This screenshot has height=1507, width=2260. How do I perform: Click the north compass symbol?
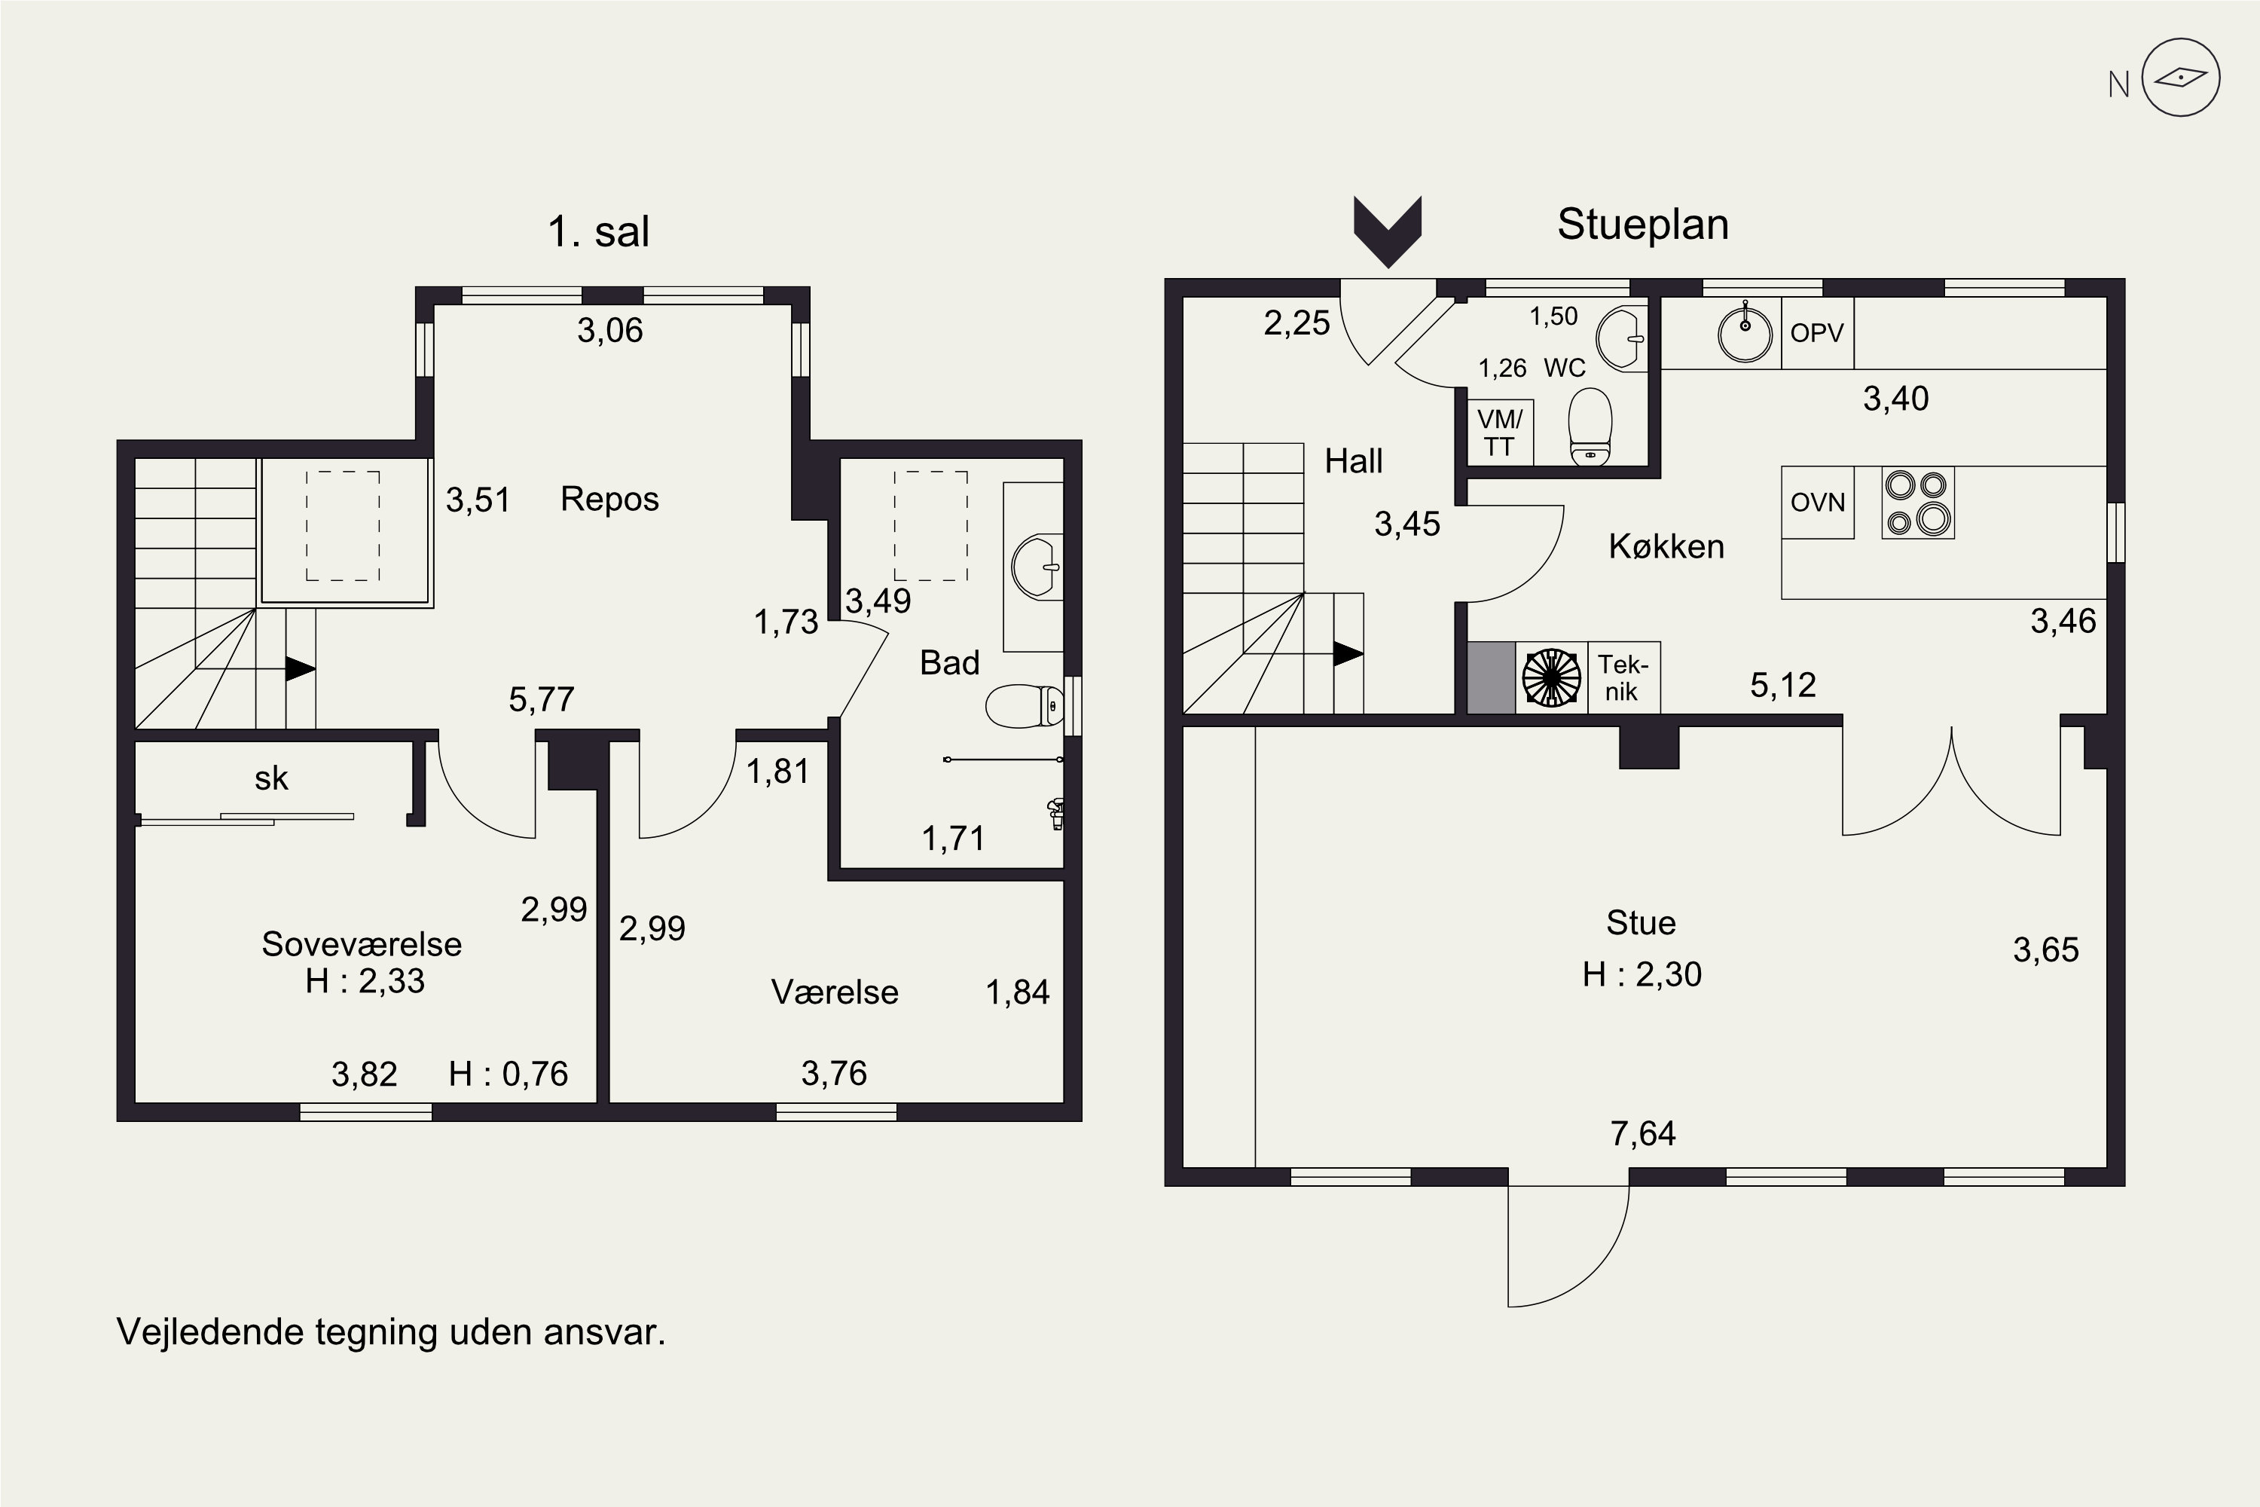pos(2180,78)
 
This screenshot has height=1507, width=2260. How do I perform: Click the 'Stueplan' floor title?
pos(1643,225)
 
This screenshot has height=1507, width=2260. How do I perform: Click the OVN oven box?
pos(1818,502)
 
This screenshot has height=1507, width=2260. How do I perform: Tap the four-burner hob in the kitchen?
pos(1917,503)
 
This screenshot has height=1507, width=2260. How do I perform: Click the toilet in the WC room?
pos(1590,426)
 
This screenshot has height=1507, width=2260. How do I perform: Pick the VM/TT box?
pos(1500,433)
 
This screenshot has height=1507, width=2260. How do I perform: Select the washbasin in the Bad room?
pos(1037,567)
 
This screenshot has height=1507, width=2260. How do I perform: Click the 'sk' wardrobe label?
pos(272,778)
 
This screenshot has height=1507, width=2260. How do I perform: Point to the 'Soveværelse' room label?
pos(362,944)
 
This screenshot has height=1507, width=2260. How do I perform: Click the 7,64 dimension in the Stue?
pos(1643,1134)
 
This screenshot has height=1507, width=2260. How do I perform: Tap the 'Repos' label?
pos(610,500)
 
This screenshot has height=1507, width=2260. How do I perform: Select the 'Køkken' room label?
pos(1666,546)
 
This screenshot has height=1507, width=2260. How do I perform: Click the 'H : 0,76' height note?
pos(508,1074)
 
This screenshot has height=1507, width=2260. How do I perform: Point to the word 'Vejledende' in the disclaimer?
pos(210,1332)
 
